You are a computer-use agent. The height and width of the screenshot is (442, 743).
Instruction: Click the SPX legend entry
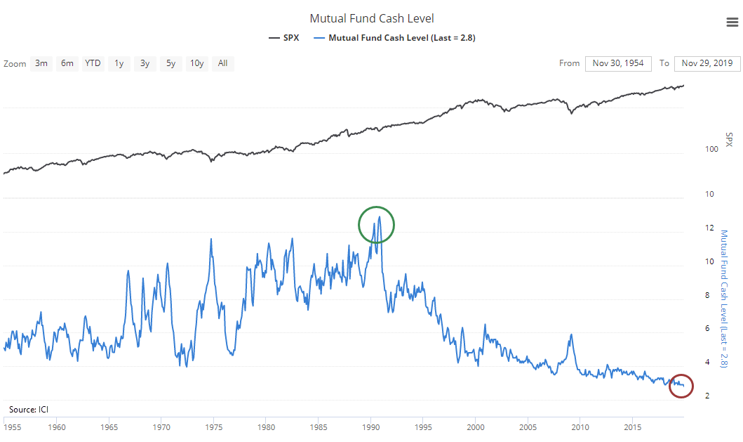pos(283,38)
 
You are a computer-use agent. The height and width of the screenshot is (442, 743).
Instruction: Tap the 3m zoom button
pos(41,63)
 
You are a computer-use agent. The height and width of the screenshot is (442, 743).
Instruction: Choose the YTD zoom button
pos(93,63)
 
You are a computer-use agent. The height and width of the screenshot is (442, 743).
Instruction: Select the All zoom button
pos(222,63)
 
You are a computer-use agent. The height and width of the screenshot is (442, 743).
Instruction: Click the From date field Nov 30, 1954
pos(617,63)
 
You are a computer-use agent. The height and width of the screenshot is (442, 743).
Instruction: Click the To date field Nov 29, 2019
pos(707,63)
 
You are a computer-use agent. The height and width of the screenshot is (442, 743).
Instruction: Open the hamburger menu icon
pos(732,23)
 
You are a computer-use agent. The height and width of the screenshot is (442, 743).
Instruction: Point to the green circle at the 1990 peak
pos(377,225)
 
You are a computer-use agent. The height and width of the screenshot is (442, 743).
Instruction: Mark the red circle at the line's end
pos(681,385)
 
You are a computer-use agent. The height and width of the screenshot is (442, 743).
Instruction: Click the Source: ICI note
pos(29,409)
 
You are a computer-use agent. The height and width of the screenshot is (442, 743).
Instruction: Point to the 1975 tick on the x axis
pos(214,427)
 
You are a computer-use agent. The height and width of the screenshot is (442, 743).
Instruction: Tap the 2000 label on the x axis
pos(476,427)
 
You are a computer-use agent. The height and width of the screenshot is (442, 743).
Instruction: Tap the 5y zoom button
pos(170,63)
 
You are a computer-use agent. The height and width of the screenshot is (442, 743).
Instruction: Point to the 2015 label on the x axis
pos(633,427)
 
